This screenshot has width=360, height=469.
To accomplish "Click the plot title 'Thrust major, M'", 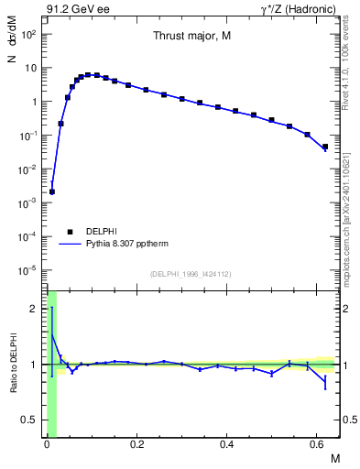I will [x=191, y=36].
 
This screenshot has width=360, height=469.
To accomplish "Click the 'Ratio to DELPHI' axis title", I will [x=13, y=365].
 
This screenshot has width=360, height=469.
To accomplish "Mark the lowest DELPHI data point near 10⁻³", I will [x=52, y=191].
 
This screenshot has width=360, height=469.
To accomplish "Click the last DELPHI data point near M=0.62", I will [x=325, y=147].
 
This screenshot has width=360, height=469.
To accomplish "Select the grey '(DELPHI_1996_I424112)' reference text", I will [x=191, y=274].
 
